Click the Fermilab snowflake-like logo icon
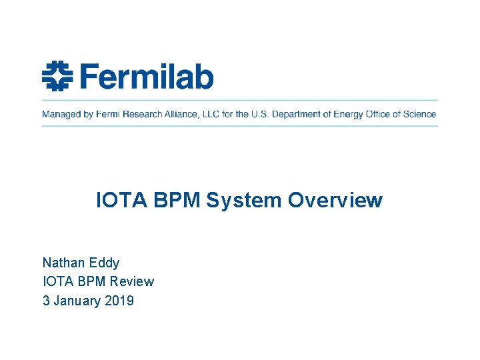[57, 75]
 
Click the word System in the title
[244, 200]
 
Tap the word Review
[131, 281]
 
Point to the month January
[77, 301]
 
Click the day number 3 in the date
[46, 301]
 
